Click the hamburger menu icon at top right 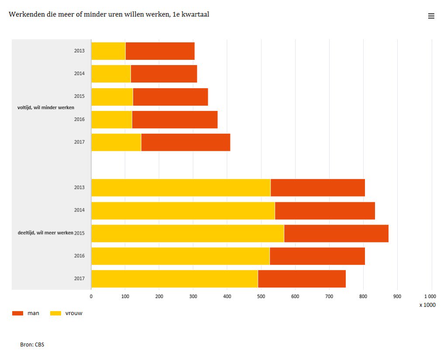tap(431, 16)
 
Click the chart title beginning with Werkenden tap(109, 14)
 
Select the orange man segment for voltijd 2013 tap(160, 51)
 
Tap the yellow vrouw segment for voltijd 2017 tap(116, 142)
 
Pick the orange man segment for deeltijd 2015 tap(336, 233)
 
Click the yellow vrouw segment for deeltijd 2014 tap(183, 211)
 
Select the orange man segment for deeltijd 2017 tap(302, 279)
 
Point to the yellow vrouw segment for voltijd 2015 tap(112, 97)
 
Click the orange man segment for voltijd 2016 tap(175, 120)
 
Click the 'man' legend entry tap(26, 313)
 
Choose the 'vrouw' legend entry tap(66, 313)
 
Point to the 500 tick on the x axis tap(261, 297)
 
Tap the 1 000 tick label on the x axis tap(430, 297)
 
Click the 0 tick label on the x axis tap(91, 297)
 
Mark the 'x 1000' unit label tap(427, 305)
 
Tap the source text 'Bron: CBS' tap(32, 345)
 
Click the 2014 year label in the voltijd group tap(79, 74)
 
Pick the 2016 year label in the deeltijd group tap(79, 256)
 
